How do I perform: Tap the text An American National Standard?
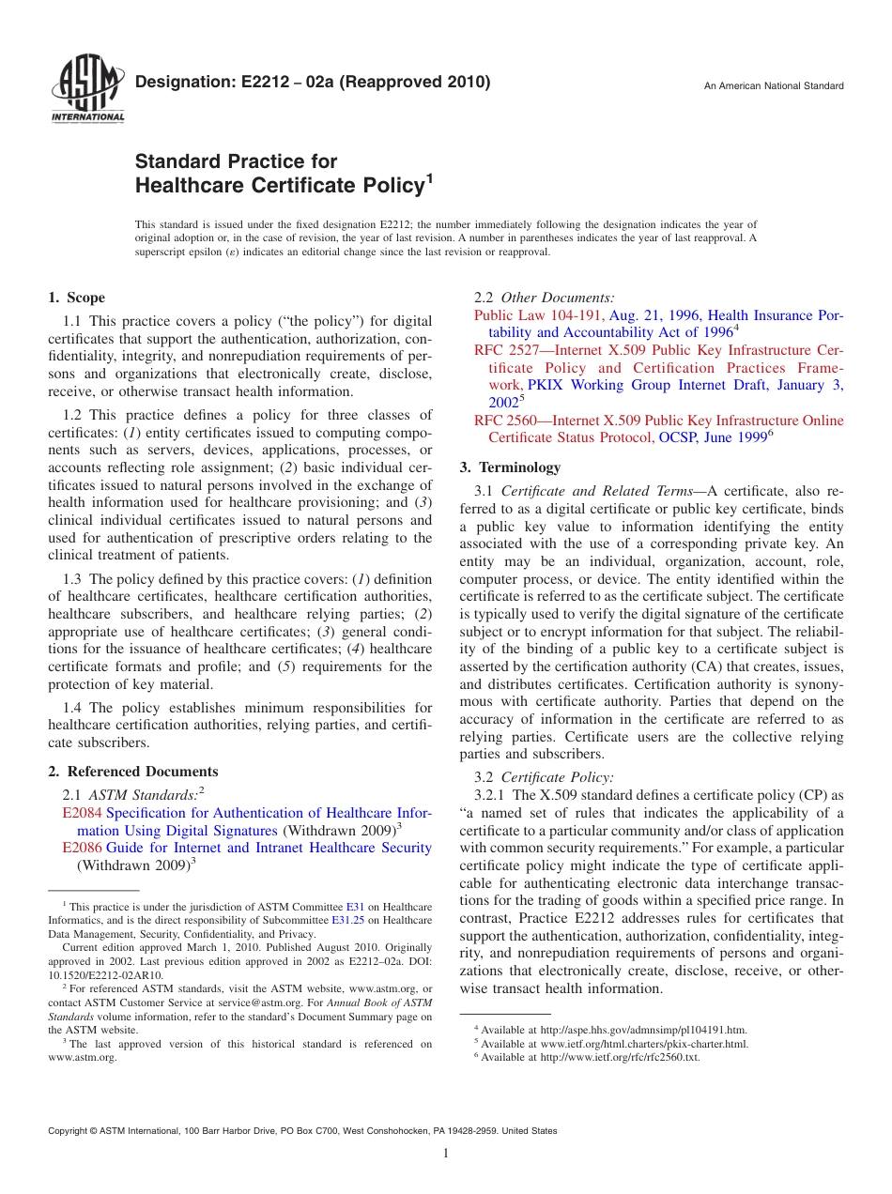(774, 86)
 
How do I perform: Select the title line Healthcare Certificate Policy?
(280, 186)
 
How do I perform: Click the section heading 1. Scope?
(77, 298)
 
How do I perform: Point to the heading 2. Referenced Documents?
(133, 772)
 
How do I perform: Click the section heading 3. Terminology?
(511, 467)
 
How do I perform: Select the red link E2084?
(82, 813)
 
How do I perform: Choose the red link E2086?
(82, 848)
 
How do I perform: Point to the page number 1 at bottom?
(446, 1154)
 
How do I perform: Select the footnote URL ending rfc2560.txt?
(620, 1057)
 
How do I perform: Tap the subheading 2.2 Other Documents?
(545, 298)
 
